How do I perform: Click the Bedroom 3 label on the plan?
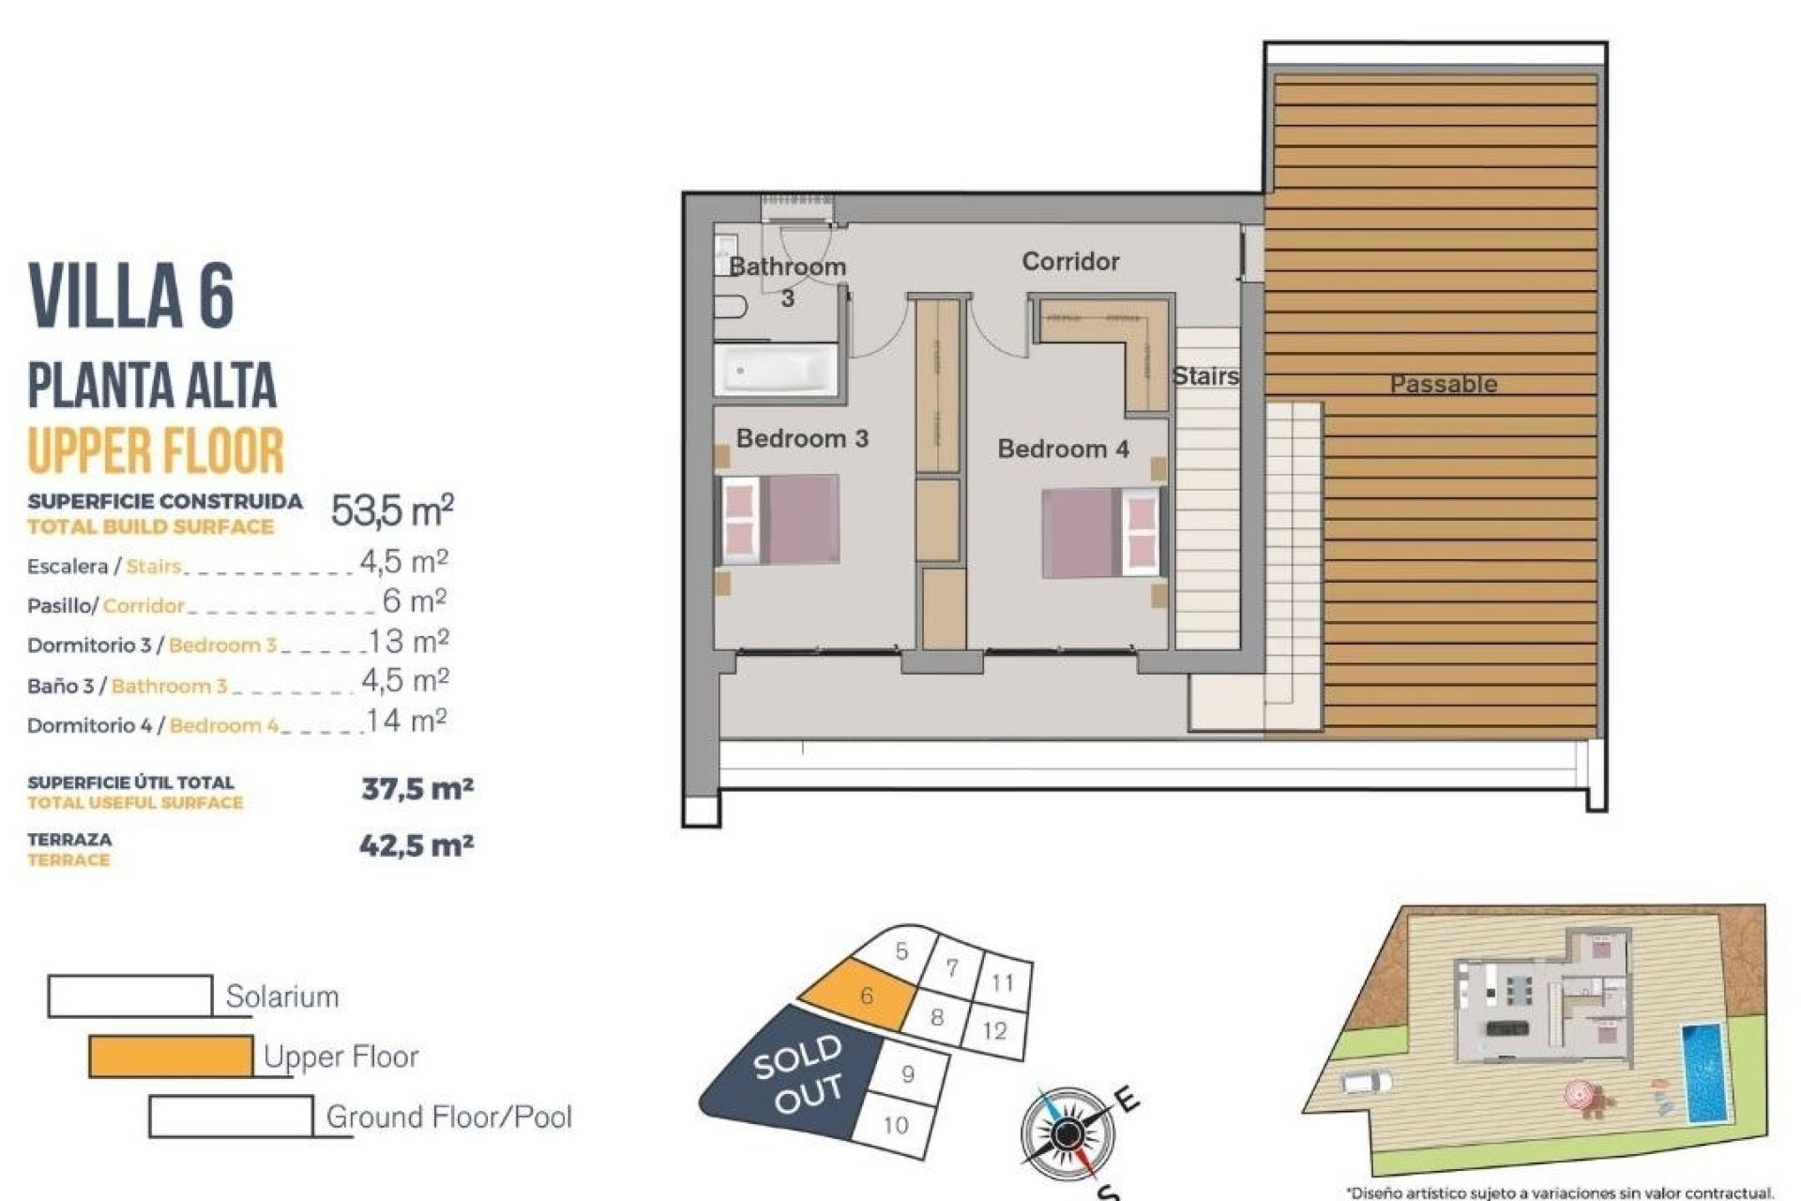(x=802, y=438)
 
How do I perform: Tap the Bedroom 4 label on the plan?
(x=1063, y=448)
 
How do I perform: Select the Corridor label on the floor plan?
(x=1070, y=261)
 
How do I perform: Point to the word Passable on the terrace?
(x=1443, y=384)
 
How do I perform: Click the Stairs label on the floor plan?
(x=1205, y=376)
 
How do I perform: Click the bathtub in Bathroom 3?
(x=777, y=371)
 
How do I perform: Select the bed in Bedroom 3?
(x=779, y=520)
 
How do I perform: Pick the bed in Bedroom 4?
(x=1102, y=532)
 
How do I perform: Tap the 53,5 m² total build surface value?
(x=392, y=510)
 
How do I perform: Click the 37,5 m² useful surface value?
(x=417, y=788)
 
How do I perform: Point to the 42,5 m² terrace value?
(x=416, y=845)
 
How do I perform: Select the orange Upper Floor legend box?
(x=171, y=1057)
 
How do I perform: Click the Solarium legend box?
(x=130, y=996)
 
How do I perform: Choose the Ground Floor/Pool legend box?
(x=231, y=1117)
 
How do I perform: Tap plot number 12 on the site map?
(x=994, y=1030)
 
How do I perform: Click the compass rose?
(x=1067, y=1134)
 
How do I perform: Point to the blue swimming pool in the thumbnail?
(x=1703, y=1072)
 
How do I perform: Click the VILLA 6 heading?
(x=131, y=296)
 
